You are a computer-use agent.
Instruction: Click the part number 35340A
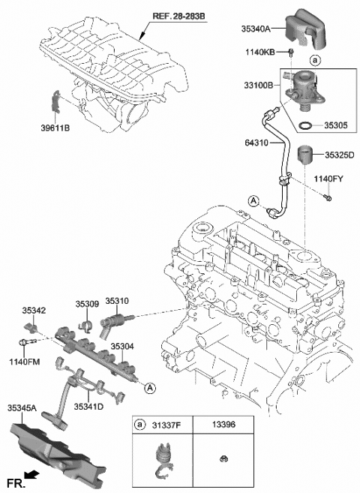(x=261, y=31)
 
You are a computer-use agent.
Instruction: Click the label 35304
(x=123, y=347)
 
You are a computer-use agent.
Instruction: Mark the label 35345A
(x=22, y=409)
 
